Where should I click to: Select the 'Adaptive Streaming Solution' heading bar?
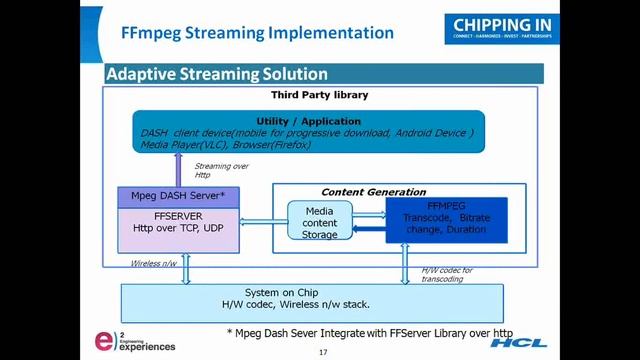pyautogui.click(x=217, y=74)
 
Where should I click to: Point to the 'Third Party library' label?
pyautogui.click(x=320, y=95)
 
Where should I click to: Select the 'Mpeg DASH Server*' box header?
pyautogui.click(x=177, y=195)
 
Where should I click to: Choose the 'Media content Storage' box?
pyautogui.click(x=321, y=221)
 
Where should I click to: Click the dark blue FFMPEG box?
pyautogui.click(x=445, y=220)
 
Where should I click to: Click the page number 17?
pyautogui.click(x=323, y=352)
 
